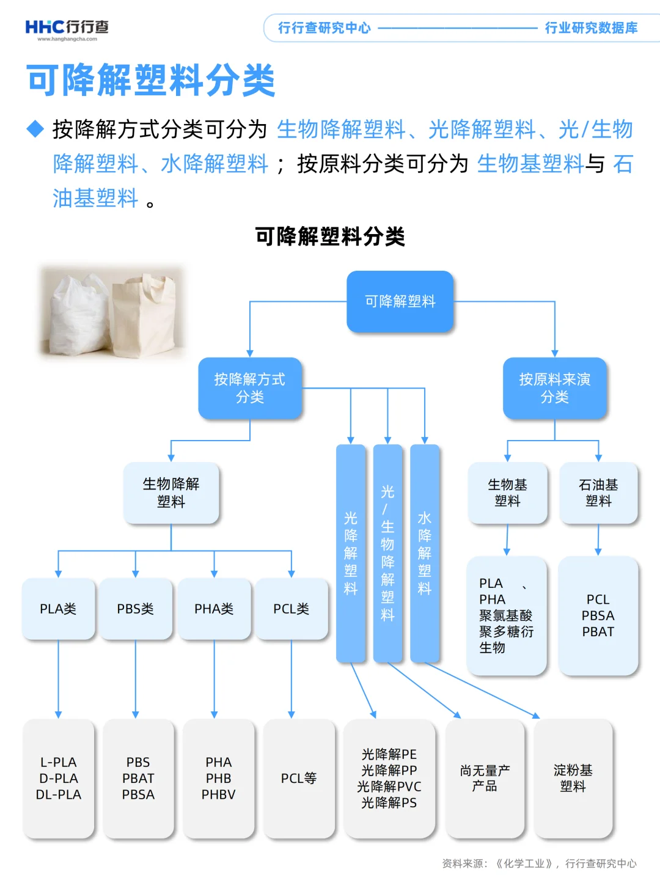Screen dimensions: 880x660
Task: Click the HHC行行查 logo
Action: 67,29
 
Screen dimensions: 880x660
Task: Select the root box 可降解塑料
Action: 400,301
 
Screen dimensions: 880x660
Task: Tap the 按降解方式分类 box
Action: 250,388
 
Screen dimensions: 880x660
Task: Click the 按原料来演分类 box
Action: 554,388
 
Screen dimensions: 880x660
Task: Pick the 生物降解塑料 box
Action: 171,493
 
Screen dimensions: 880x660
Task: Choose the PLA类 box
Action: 58,609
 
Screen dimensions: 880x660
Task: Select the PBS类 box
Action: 136,609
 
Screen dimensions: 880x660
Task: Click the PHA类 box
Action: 214,609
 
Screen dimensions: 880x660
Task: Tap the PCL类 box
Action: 291,609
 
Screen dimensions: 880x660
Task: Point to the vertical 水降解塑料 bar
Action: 425,553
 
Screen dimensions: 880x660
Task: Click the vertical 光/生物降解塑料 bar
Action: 387,553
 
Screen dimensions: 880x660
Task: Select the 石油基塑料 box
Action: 598,493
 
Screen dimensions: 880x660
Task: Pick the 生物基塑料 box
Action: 507,493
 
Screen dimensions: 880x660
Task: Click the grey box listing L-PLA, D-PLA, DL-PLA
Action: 59,778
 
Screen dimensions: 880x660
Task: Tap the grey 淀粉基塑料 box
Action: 573,778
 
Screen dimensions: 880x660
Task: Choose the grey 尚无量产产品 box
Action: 485,778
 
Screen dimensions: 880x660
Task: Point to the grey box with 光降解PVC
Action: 389,778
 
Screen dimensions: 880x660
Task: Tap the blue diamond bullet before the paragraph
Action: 36,129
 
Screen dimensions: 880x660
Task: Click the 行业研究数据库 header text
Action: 591,28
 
